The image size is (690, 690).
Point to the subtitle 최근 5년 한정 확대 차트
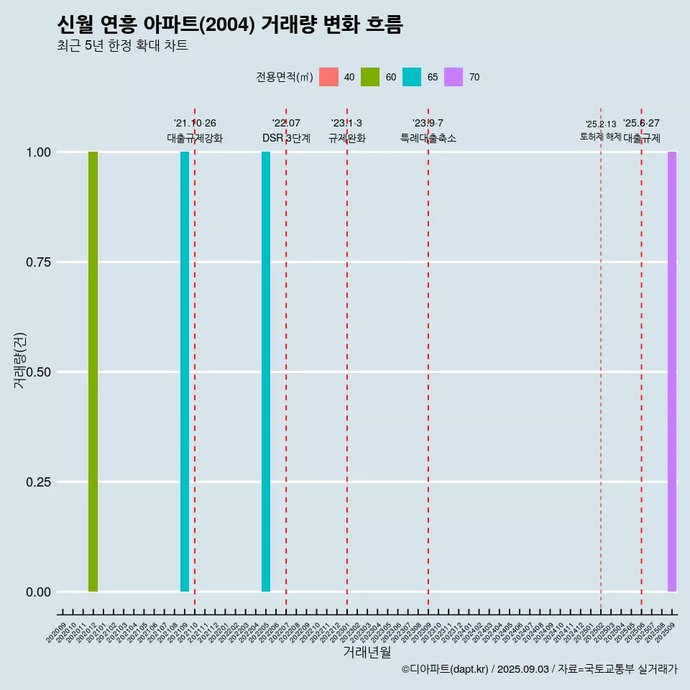pyautogui.click(x=122, y=46)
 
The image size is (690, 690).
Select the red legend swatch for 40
pyautogui.click(x=328, y=77)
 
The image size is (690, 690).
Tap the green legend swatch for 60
pyautogui.click(x=370, y=77)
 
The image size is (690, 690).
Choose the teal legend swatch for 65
pyautogui.click(x=412, y=77)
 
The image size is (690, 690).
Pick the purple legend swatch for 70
pyautogui.click(x=454, y=77)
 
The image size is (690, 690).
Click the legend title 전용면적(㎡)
pyautogui.click(x=284, y=77)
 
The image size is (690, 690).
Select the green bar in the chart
pyautogui.click(x=93, y=372)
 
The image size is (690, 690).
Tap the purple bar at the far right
pyautogui.click(x=672, y=372)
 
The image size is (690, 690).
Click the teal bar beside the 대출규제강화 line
pyautogui.click(x=185, y=372)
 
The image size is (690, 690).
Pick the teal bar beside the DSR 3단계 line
pyautogui.click(x=266, y=372)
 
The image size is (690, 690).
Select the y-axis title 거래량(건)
pyautogui.click(x=19, y=359)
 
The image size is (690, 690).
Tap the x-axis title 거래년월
pyautogui.click(x=367, y=652)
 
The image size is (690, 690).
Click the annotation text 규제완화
pyautogui.click(x=347, y=138)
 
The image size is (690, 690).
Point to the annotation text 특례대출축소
pyautogui.click(x=428, y=138)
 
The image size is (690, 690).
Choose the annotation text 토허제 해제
pyautogui.click(x=600, y=137)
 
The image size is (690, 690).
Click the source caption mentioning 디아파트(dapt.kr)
pyautogui.click(x=539, y=669)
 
